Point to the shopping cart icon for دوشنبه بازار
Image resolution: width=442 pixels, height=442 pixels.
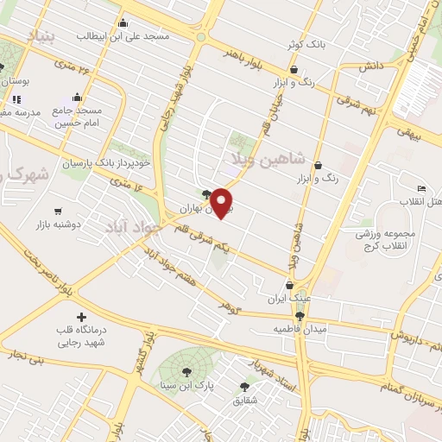pyautogui.click(x=58, y=210)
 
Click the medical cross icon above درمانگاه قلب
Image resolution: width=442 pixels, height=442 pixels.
pyautogui.click(x=82, y=318)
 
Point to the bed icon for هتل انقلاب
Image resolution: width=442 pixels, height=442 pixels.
pyautogui.click(x=420, y=189)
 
